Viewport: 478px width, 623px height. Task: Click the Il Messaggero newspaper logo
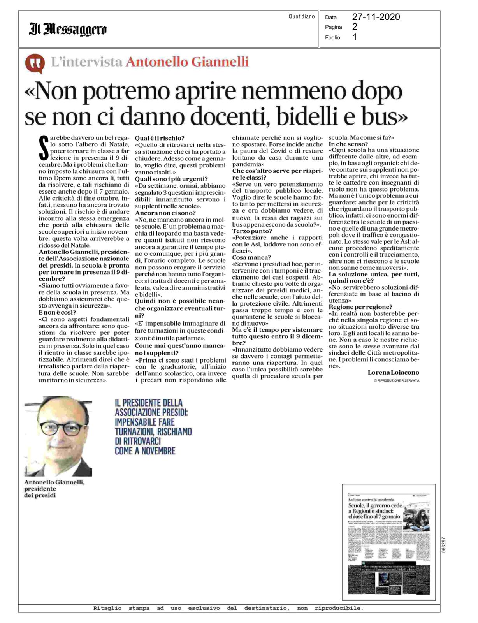click(x=68, y=29)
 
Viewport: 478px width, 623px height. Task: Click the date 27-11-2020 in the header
click(x=376, y=17)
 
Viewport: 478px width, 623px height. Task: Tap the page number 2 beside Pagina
click(x=355, y=27)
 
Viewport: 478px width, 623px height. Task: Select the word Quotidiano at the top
click(x=301, y=16)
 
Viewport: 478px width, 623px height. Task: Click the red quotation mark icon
click(x=35, y=63)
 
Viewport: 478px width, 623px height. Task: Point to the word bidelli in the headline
click(x=335, y=116)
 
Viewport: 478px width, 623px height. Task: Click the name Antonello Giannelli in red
click(x=187, y=62)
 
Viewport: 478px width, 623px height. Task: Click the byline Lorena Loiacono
click(x=393, y=373)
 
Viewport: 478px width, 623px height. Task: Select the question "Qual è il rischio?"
click(x=159, y=138)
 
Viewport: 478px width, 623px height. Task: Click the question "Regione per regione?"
click(x=360, y=307)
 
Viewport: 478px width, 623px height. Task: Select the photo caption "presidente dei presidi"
click(x=40, y=492)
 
